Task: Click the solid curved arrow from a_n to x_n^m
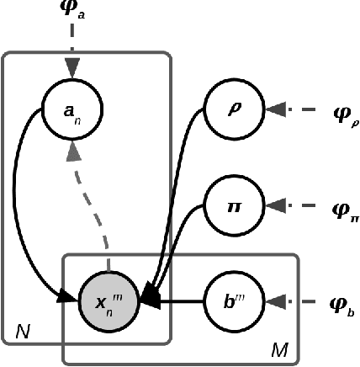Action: (34, 210)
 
